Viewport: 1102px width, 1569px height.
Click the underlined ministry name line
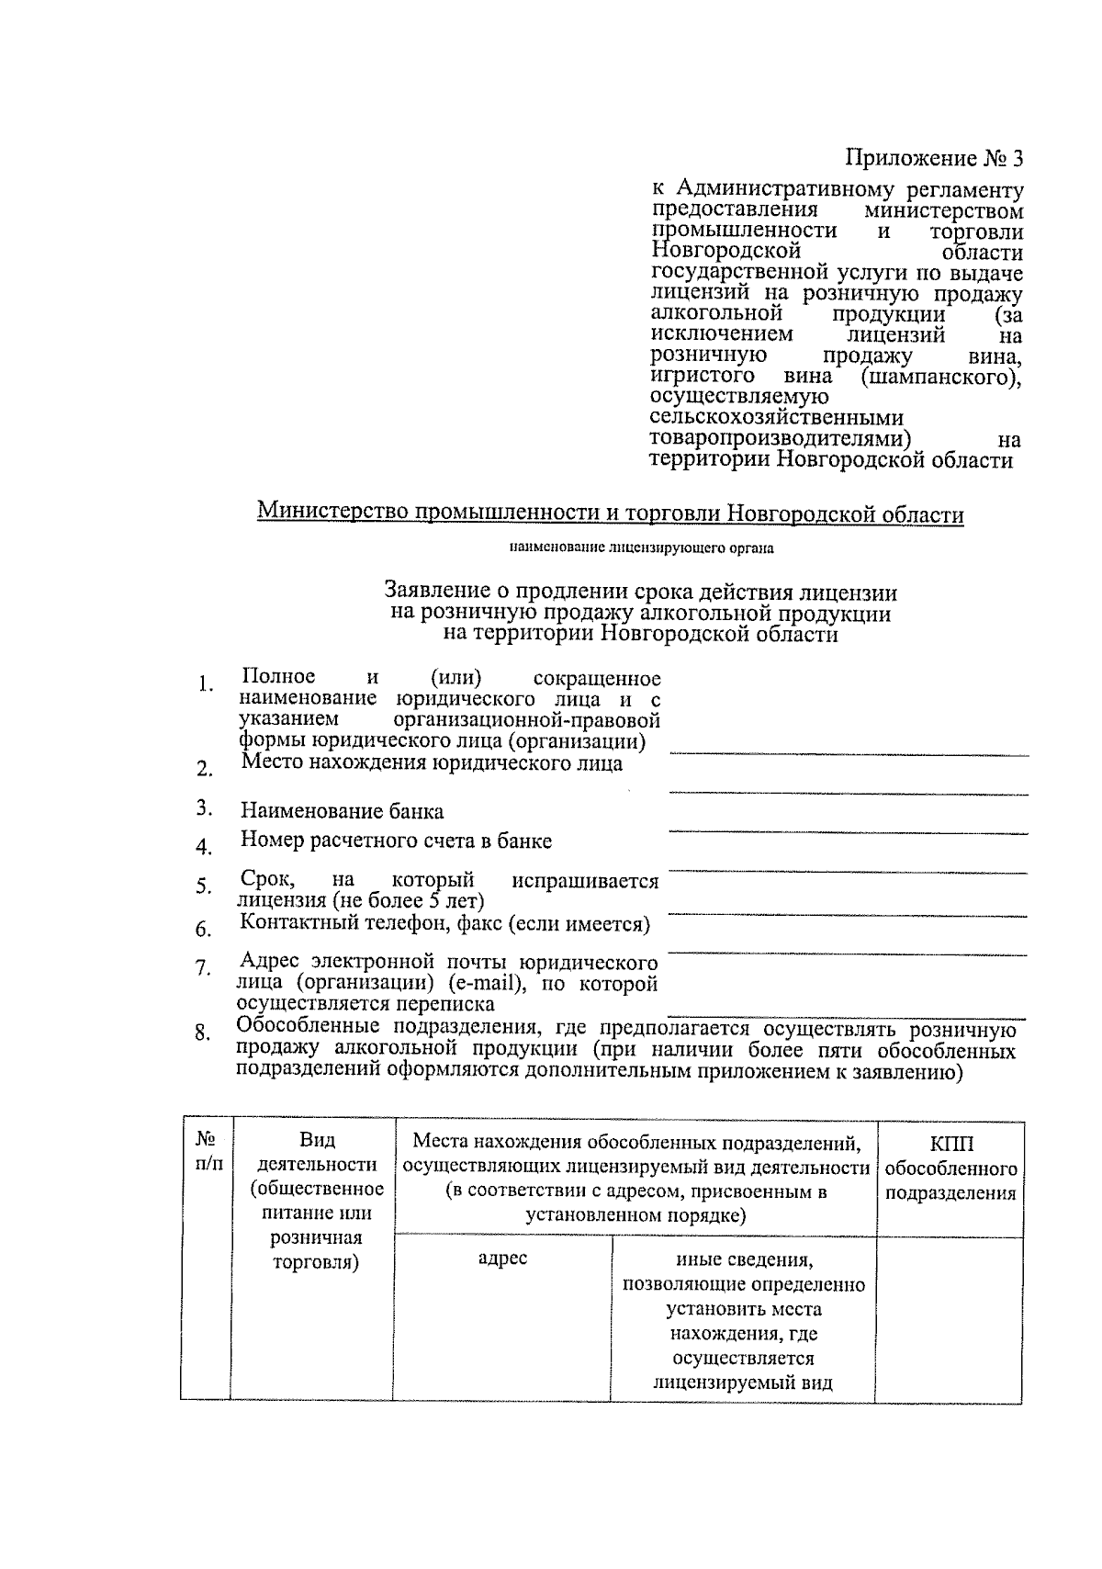coord(611,513)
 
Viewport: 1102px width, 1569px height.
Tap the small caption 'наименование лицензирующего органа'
coord(642,549)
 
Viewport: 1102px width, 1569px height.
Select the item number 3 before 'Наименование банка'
coord(204,808)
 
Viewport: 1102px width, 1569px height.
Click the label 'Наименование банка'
coord(342,811)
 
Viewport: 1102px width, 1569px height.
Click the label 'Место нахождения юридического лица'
coord(432,763)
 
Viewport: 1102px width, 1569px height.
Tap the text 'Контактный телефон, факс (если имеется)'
coord(444,924)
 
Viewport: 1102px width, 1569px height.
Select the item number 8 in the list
coord(203,1033)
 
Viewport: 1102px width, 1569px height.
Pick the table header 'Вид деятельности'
coord(317,1153)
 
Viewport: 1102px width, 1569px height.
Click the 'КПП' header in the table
coord(951,1145)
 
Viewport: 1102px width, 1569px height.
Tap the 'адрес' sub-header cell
coord(502,1259)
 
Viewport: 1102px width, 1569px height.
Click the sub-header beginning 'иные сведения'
coord(743,1259)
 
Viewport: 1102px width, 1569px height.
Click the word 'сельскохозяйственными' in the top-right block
coord(776,419)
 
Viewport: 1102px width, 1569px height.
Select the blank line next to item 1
coord(847,752)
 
